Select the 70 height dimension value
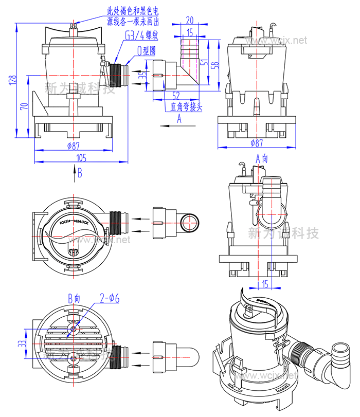(x=23, y=106)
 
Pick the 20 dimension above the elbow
(x=190, y=21)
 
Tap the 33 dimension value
(x=21, y=344)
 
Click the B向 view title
(x=75, y=298)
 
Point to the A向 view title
(x=262, y=159)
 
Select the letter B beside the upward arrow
(x=80, y=173)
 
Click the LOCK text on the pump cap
(x=64, y=222)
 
